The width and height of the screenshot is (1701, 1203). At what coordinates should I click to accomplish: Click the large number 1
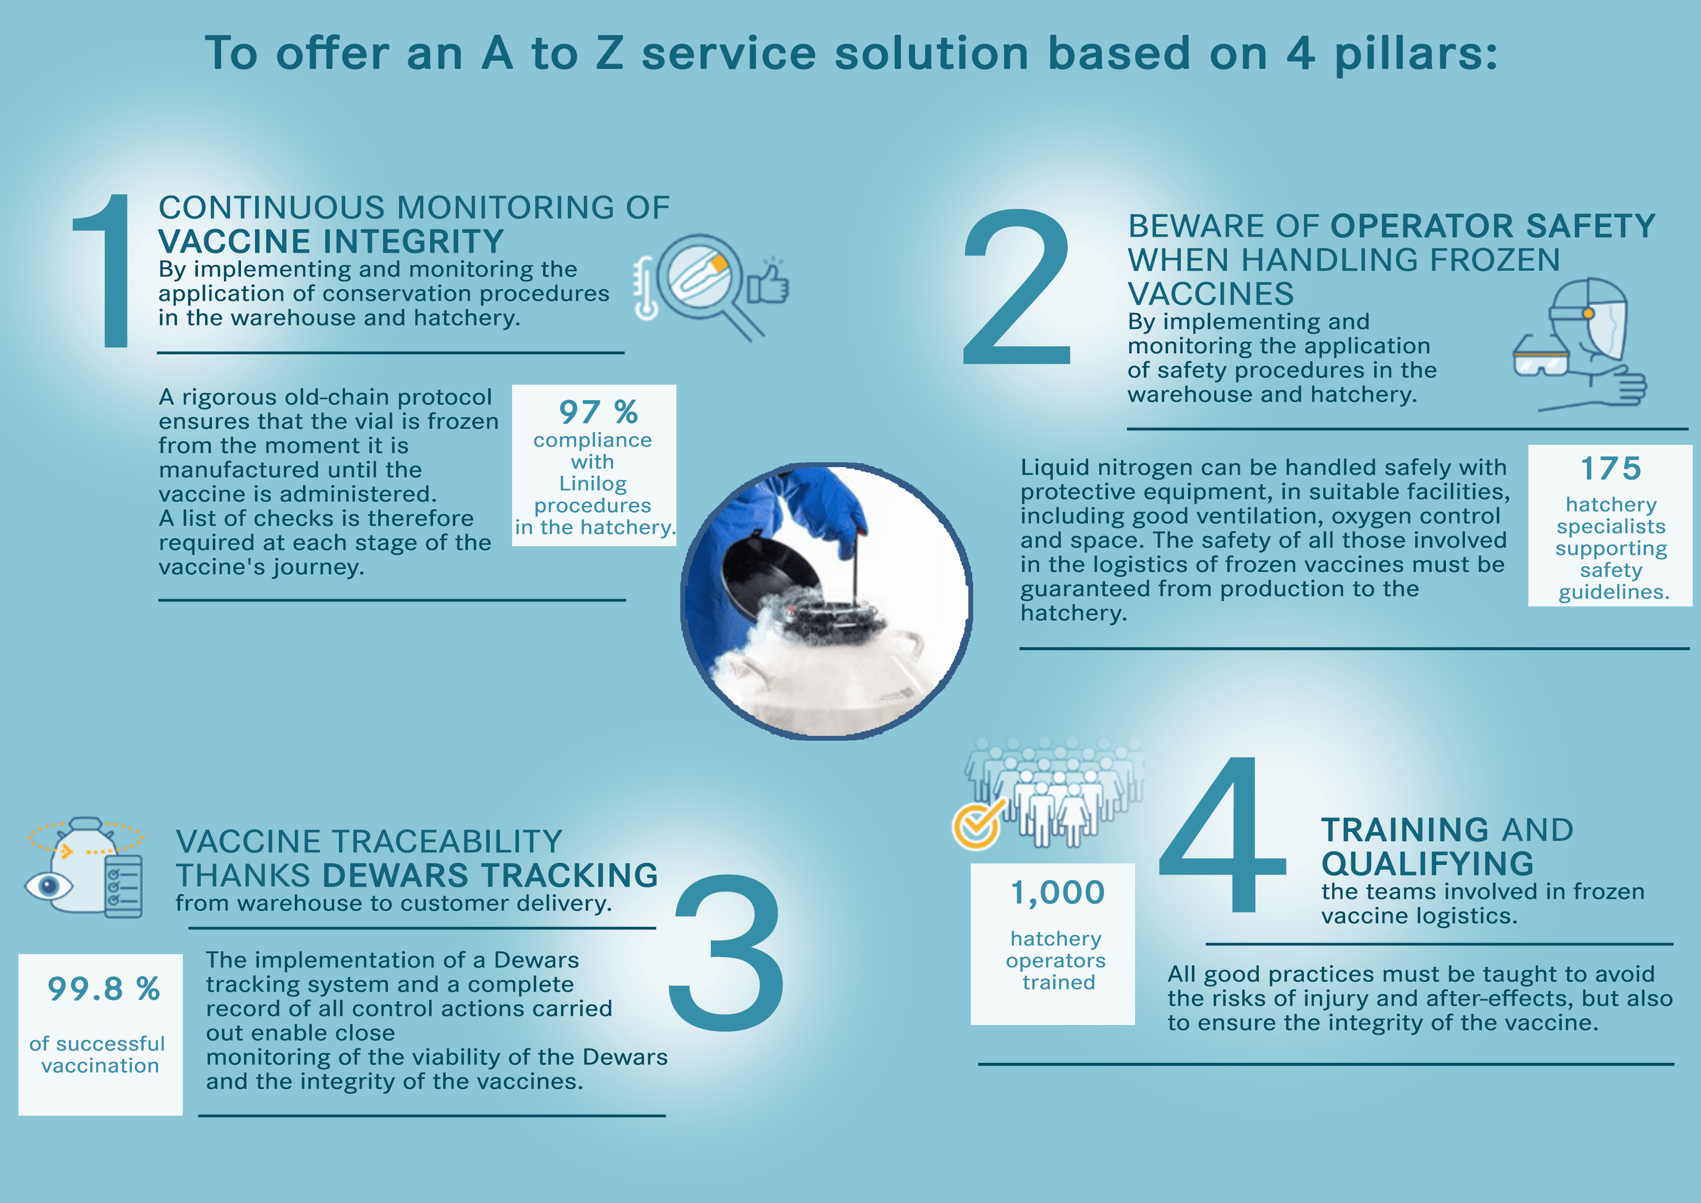click(x=104, y=271)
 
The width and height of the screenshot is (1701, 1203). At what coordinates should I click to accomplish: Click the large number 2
click(x=1016, y=286)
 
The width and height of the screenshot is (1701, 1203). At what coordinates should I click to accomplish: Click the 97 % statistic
click(x=598, y=412)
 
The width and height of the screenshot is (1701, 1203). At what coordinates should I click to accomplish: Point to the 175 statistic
click(x=1611, y=469)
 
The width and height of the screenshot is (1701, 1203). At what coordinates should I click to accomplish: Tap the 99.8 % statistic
click(x=104, y=989)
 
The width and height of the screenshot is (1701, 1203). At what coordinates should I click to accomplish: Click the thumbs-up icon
click(x=768, y=282)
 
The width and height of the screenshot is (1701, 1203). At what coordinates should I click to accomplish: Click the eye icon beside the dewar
click(x=49, y=886)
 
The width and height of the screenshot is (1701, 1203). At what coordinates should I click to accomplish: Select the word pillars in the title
click(x=1416, y=55)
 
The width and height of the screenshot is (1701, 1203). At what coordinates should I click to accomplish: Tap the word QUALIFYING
click(x=1428, y=863)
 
